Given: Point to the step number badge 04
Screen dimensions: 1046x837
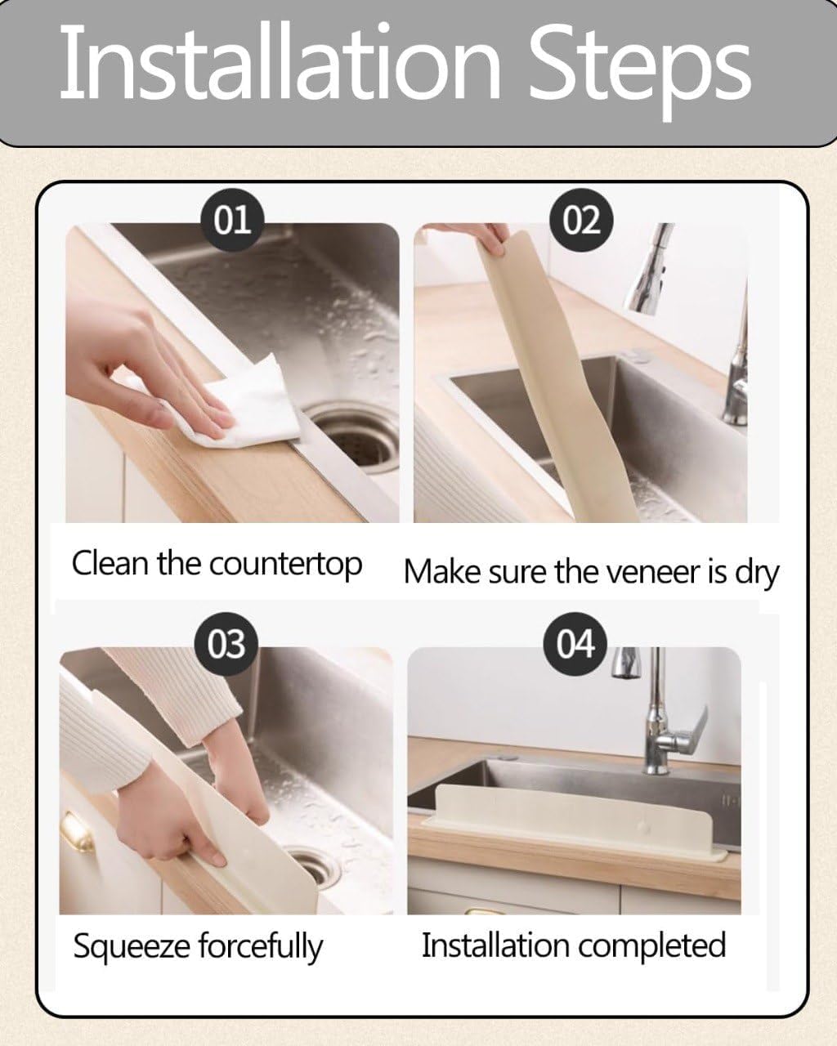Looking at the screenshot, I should pos(575,644).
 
